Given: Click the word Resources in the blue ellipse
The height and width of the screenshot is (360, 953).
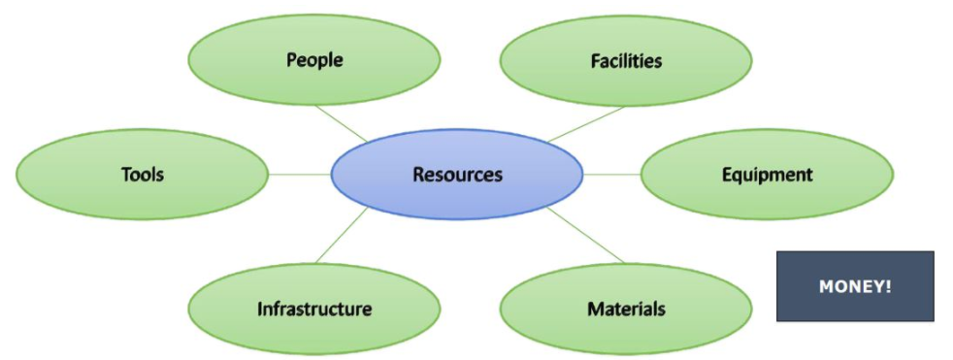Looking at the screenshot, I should click(x=457, y=175).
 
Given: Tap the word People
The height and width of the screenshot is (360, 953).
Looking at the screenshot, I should click(x=314, y=60).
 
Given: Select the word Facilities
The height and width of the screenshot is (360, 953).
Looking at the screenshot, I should click(x=626, y=60).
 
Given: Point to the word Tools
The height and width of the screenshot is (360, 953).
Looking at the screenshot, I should click(x=142, y=175).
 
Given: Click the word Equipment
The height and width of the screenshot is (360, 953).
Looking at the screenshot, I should click(x=767, y=175).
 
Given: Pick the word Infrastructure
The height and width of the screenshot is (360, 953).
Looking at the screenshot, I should click(x=314, y=310).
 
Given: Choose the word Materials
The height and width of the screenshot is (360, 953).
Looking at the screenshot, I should click(x=626, y=310).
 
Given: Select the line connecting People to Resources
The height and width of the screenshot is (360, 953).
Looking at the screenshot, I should click(x=341, y=123).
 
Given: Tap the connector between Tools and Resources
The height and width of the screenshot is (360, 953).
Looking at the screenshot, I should click(x=299, y=175).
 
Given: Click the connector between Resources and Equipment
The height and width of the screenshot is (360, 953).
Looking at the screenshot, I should click(x=611, y=175).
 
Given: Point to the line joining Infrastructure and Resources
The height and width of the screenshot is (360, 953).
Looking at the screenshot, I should click(x=342, y=236).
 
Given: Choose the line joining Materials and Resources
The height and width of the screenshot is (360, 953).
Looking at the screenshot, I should click(x=586, y=235).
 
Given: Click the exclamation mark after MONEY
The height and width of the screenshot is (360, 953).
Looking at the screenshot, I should click(x=888, y=287).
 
